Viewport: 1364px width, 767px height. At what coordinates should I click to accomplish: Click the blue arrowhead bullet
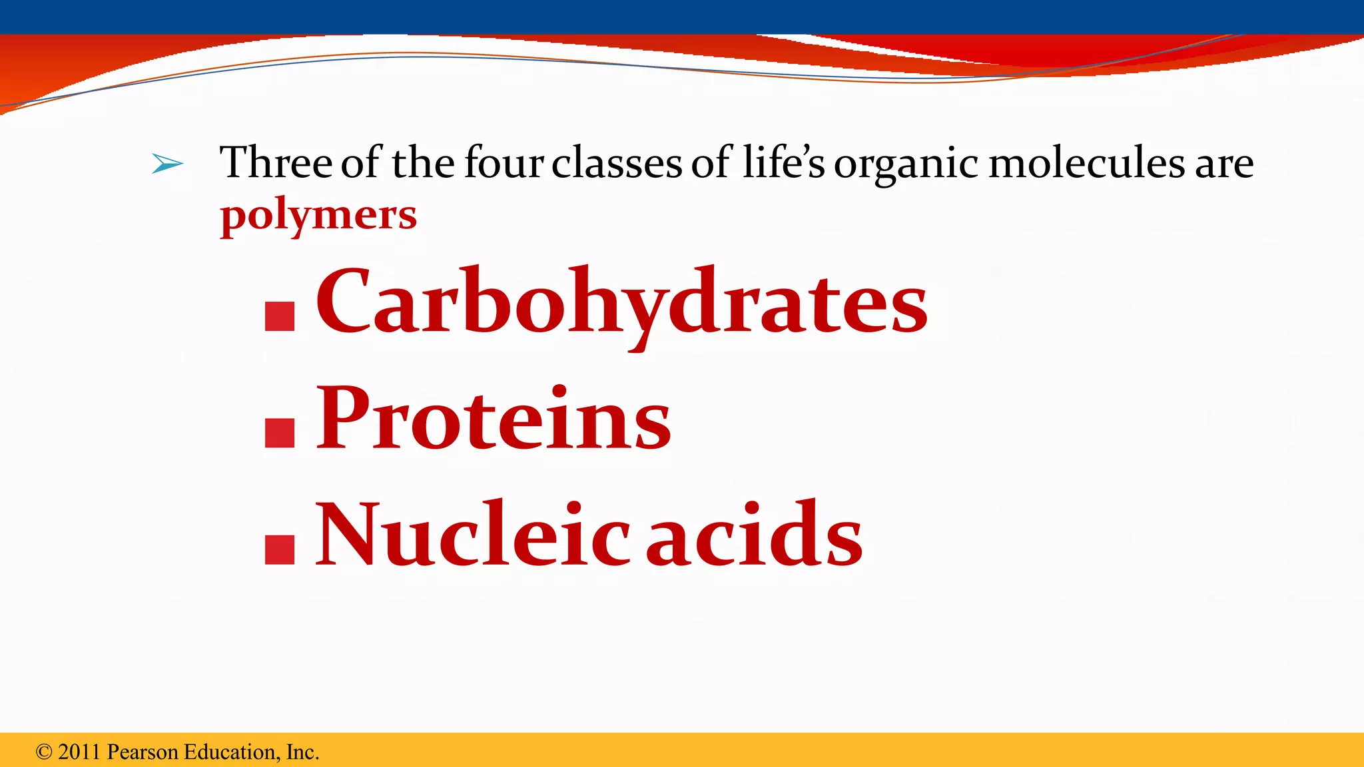point(167,163)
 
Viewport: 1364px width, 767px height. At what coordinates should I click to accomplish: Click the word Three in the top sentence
point(276,162)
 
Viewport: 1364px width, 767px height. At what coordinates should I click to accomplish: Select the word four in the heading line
point(504,162)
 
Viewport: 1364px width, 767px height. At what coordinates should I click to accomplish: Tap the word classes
point(617,164)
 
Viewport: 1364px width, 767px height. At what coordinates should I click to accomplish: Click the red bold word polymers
point(318,216)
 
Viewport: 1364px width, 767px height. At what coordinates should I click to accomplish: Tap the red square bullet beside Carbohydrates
point(280,317)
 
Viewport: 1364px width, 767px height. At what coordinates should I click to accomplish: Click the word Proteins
point(493,419)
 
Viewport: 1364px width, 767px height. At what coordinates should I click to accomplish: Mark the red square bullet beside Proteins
point(280,433)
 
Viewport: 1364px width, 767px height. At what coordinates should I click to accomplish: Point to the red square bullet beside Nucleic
point(280,550)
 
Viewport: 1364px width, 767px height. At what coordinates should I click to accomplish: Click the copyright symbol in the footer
point(44,752)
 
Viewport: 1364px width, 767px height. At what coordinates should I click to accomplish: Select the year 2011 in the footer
point(79,752)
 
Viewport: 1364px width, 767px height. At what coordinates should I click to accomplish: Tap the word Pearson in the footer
point(143,752)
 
